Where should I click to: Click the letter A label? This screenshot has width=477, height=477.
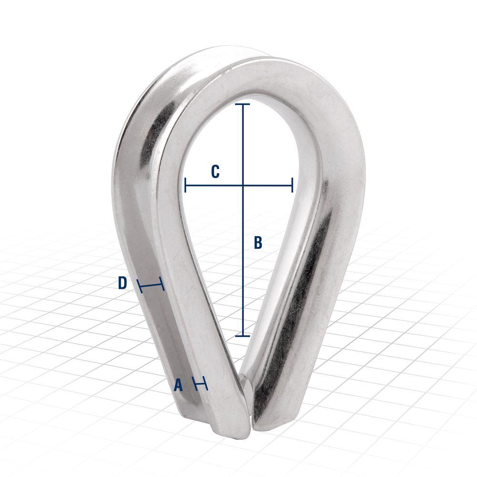(x=178, y=384)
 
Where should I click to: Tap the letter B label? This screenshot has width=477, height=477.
(x=258, y=242)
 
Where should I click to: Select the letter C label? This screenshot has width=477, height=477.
(x=215, y=172)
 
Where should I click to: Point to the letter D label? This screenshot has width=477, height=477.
(x=123, y=283)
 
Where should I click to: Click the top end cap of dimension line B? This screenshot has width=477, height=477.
(x=243, y=104)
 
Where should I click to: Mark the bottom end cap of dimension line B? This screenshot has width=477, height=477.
(x=243, y=336)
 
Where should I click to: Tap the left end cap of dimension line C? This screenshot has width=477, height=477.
(x=185, y=185)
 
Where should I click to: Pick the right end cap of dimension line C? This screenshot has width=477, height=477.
(x=292, y=185)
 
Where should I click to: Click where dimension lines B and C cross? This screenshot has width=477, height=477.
(x=243, y=185)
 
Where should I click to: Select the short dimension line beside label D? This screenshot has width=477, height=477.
(x=151, y=286)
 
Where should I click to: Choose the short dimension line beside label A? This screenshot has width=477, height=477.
(x=200, y=383)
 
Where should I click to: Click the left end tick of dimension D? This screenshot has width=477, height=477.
(x=140, y=285)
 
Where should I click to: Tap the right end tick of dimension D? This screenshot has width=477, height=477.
(x=162, y=287)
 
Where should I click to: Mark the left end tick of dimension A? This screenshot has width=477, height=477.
(x=194, y=382)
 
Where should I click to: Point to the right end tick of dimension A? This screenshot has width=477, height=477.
(x=207, y=384)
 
